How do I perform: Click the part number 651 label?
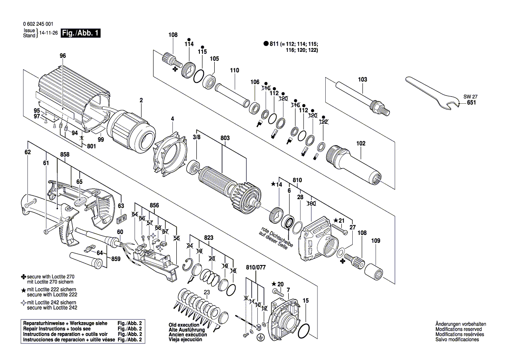coord(471,103)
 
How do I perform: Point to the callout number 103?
coord(362,80)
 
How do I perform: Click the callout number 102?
coord(361,143)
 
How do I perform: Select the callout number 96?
coord(63,56)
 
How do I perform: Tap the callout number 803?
coord(225,138)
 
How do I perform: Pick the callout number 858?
coord(65,155)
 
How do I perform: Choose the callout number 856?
coord(154,205)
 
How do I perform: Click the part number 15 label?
coord(306,300)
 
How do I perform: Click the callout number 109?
coord(375,241)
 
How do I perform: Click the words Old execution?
coord(184,325)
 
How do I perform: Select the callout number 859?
coord(115,259)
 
